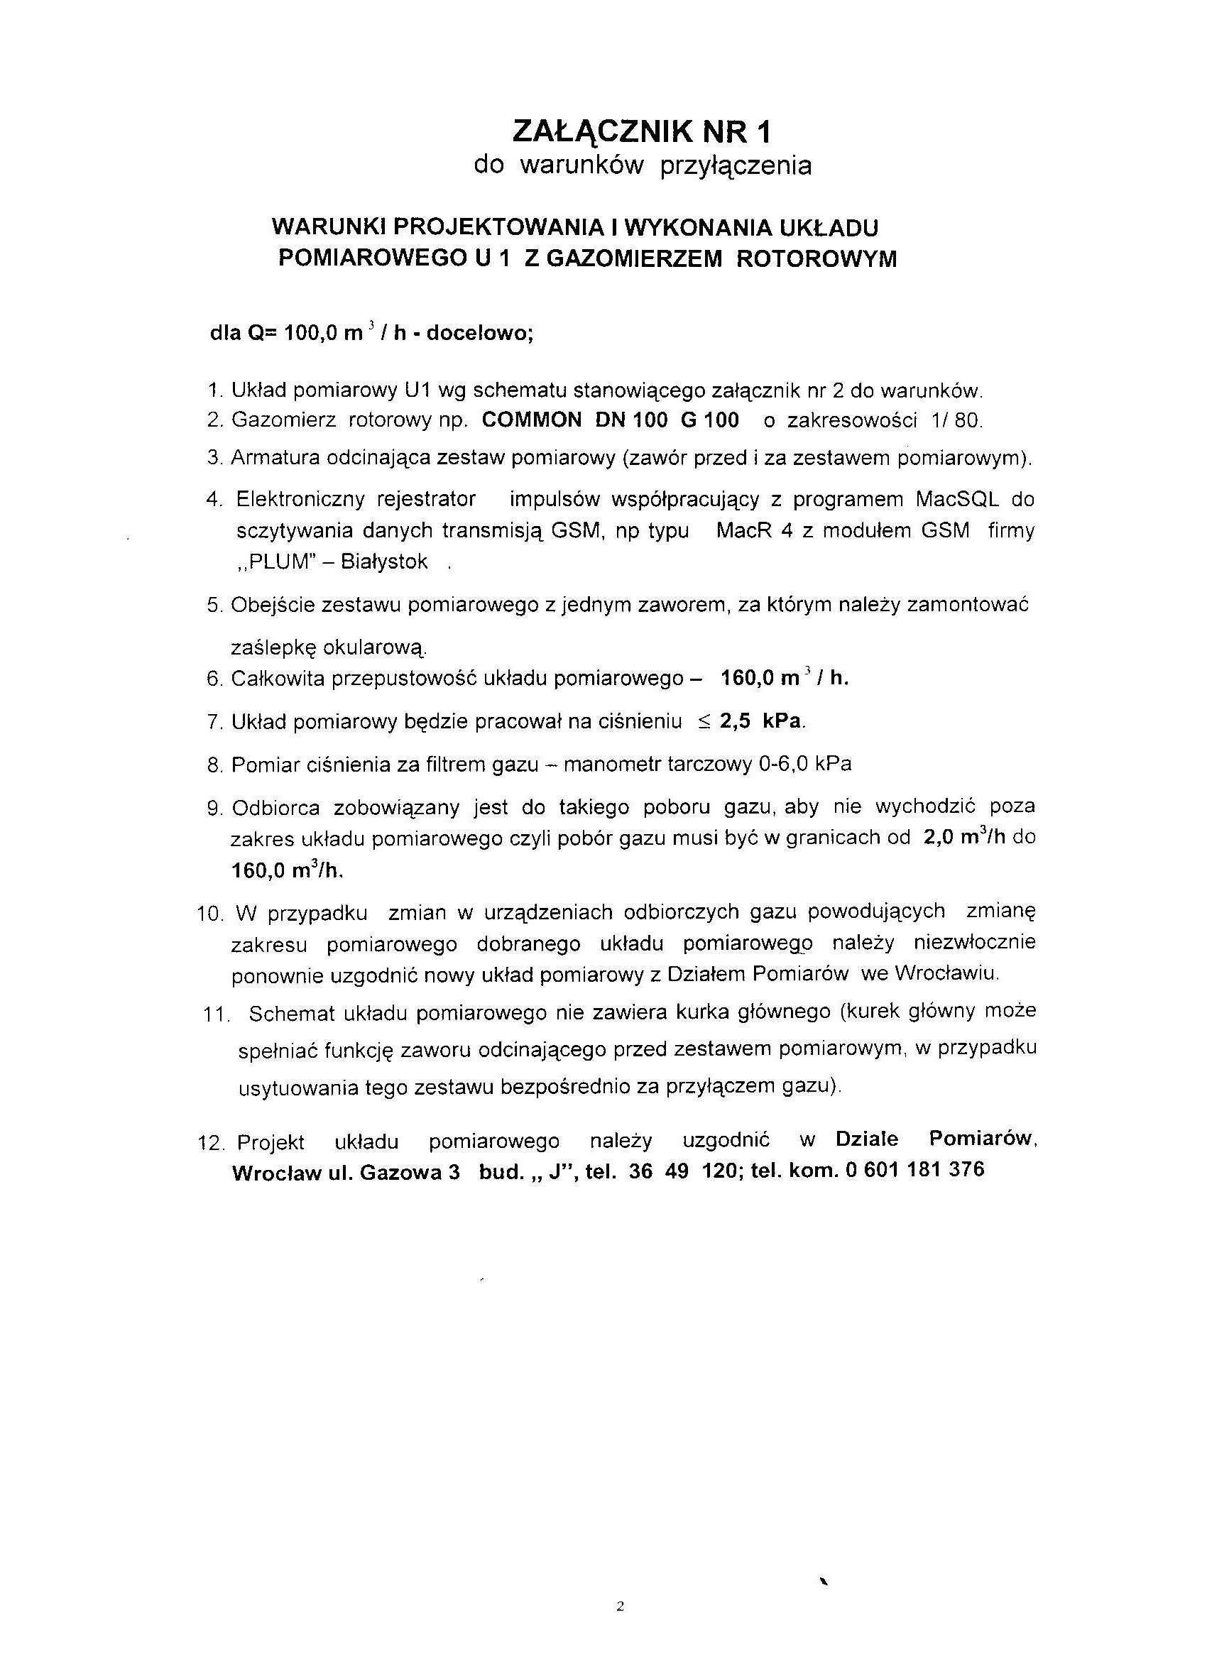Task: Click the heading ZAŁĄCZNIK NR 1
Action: point(642,132)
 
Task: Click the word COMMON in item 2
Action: point(532,420)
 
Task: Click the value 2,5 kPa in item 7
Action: point(762,721)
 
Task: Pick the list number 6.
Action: point(214,679)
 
